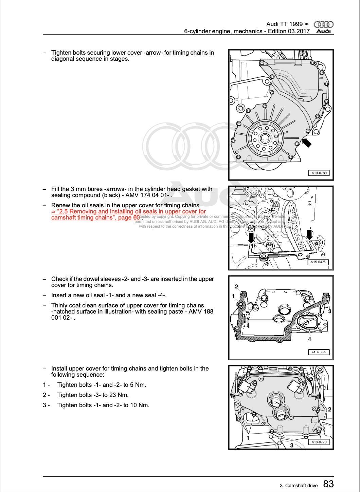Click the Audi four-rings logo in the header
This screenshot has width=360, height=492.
(323, 24)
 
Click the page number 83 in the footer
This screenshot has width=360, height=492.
(328, 484)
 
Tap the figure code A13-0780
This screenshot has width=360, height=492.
(319, 173)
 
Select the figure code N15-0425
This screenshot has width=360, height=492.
(318, 262)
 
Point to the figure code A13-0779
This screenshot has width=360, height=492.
(319, 352)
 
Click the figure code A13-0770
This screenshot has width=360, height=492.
(319, 442)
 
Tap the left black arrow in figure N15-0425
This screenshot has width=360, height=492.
(251, 238)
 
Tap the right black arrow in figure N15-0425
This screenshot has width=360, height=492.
(309, 234)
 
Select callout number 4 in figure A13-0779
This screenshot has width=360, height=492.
(309, 339)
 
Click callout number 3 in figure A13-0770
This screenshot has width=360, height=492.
(291, 445)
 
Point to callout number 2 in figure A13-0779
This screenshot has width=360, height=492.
(236, 286)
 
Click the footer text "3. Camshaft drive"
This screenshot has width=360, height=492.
(299, 486)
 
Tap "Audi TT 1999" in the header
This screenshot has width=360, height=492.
(284, 24)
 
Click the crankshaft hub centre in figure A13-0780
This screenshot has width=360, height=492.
(265, 138)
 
